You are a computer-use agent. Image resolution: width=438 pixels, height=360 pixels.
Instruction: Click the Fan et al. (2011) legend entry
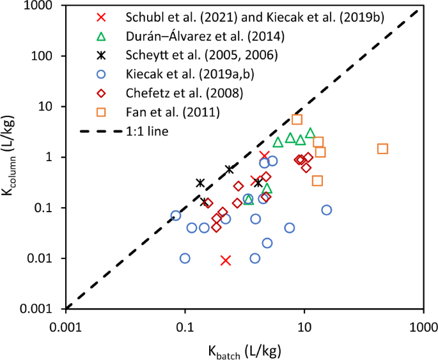155,113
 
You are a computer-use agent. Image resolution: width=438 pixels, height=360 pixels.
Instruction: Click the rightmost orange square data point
382,148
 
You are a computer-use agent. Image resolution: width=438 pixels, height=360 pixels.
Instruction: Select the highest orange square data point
297,119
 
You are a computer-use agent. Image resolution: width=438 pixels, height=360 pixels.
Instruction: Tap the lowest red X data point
225,260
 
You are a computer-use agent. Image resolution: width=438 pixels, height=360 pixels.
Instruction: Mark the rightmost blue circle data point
326,210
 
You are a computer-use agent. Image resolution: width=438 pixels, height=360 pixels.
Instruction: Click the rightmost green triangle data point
310,133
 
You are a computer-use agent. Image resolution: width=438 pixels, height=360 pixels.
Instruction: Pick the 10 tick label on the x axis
304,325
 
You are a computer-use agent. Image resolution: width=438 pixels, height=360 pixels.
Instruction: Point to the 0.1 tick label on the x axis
185,325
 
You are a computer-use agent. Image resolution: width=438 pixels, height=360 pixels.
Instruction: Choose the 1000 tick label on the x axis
422,325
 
